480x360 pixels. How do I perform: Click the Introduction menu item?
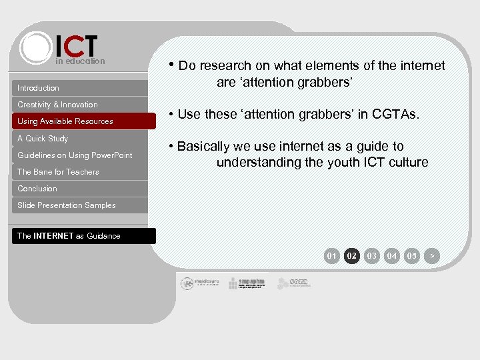click(x=80, y=88)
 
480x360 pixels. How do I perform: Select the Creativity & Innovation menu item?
click(x=80, y=105)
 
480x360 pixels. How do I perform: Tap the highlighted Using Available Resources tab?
click(x=80, y=121)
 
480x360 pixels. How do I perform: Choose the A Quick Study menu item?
click(x=80, y=139)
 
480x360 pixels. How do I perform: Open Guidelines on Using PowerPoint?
click(x=80, y=155)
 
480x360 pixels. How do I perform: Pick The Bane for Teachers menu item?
click(x=80, y=172)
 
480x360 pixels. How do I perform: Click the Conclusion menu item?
click(x=80, y=189)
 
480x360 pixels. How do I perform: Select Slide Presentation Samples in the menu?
click(x=80, y=205)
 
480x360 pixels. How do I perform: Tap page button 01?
click(x=332, y=255)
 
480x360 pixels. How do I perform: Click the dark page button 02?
click(x=352, y=255)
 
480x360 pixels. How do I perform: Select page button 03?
click(x=372, y=255)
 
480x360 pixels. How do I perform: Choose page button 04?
click(x=392, y=255)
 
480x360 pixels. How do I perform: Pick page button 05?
click(x=412, y=255)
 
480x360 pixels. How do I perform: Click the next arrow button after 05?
click(x=432, y=255)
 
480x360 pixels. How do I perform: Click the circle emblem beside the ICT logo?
click(x=36, y=48)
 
